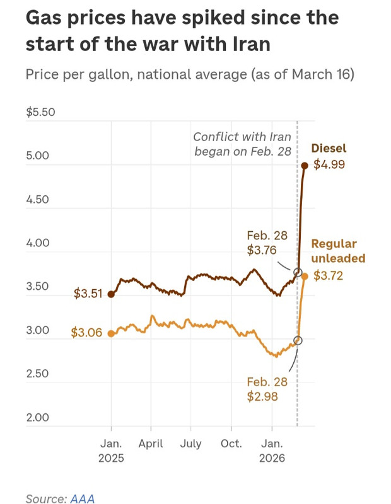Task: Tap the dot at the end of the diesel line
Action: click(x=305, y=166)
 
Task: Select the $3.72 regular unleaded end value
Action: click(x=328, y=276)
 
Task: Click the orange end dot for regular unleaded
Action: click(x=305, y=276)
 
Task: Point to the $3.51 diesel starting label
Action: click(x=87, y=294)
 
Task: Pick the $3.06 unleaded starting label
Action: click(x=86, y=333)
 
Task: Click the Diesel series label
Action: click(x=329, y=149)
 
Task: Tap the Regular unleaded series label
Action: click(x=338, y=251)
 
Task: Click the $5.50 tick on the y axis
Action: click(x=41, y=113)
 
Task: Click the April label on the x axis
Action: click(x=151, y=444)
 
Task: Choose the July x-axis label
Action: click(x=190, y=444)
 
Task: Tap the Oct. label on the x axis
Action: click(x=231, y=444)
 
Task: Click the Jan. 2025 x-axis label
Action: click(x=111, y=450)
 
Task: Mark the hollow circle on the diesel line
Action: click(x=298, y=272)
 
